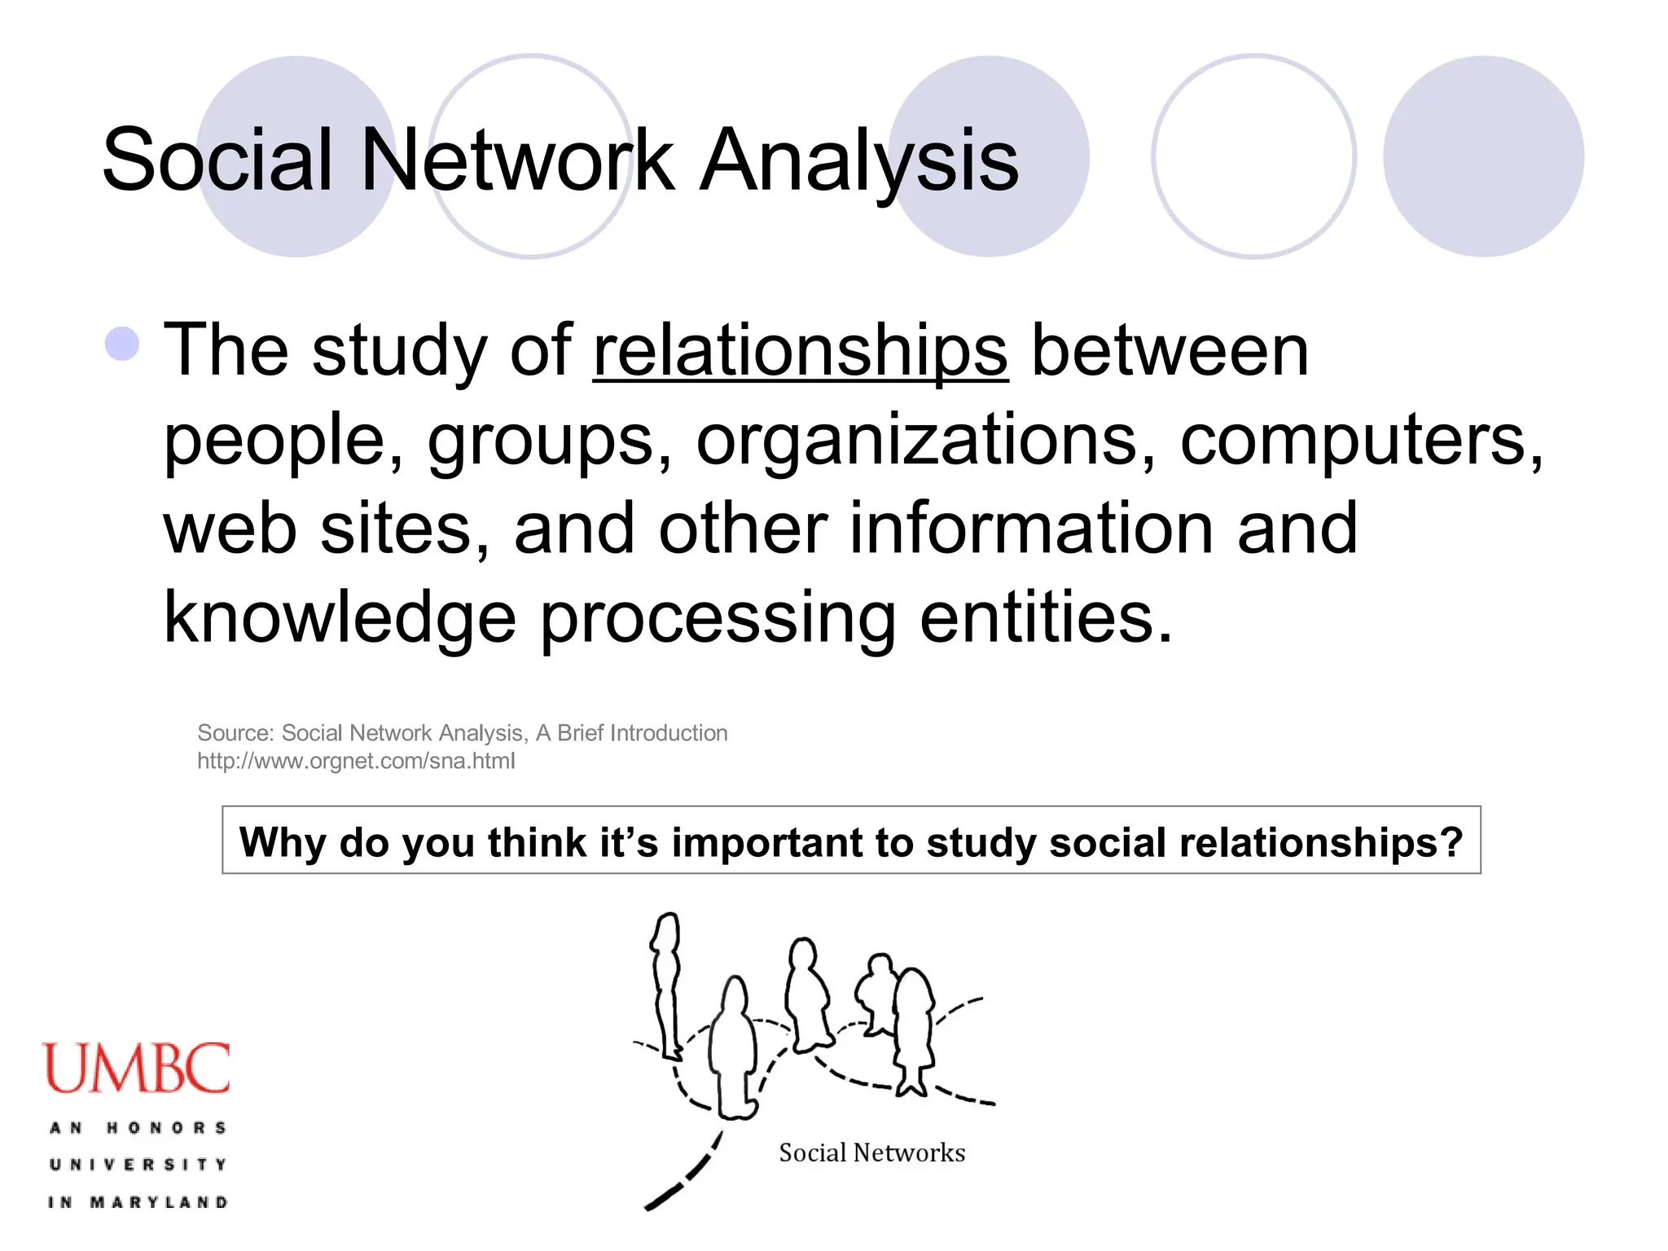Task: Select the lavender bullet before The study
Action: tap(122, 344)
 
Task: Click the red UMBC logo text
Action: tap(136, 1069)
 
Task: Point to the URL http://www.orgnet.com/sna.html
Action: tap(356, 762)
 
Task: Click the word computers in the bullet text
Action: tap(1360, 440)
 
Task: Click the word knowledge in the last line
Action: tap(340, 617)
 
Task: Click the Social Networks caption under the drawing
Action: tap(871, 1152)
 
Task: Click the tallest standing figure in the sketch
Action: tap(667, 985)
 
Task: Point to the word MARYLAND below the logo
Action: tap(159, 1202)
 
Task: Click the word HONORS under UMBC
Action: tap(166, 1128)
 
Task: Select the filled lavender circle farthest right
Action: tap(1483, 156)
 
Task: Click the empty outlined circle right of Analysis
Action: tap(1253, 156)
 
